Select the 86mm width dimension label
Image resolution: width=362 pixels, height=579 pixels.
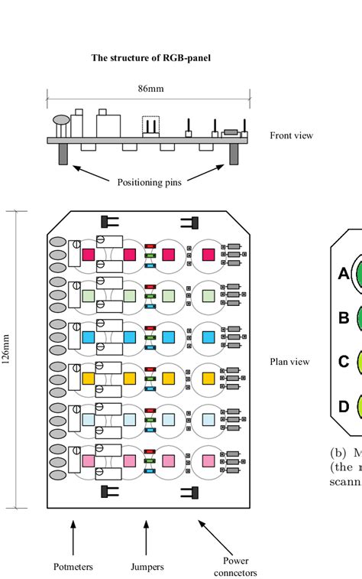tap(150, 89)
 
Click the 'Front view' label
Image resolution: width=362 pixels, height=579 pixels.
tap(291, 135)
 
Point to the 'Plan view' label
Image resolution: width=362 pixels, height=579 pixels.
tap(290, 362)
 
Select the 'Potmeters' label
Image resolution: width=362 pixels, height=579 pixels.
tap(73, 567)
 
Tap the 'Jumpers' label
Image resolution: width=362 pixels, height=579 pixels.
tap(150, 567)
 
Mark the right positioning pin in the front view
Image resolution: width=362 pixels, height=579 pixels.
tap(235, 155)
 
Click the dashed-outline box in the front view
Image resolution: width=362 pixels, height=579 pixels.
tap(151, 124)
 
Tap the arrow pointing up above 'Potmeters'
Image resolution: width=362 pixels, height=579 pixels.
tap(73, 535)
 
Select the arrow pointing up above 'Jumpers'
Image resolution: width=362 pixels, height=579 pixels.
tap(150, 535)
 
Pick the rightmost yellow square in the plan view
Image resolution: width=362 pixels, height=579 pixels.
tap(208, 378)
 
